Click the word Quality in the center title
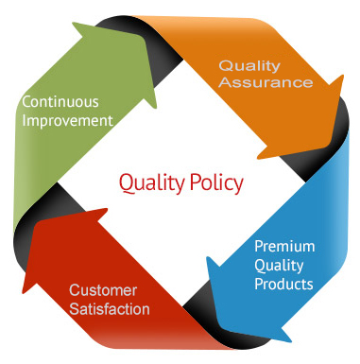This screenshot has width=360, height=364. click(152, 183)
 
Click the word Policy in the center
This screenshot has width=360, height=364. click(216, 183)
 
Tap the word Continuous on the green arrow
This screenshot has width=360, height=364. click(60, 102)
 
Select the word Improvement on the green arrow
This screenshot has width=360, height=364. click(67, 121)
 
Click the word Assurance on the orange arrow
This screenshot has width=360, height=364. click(266, 82)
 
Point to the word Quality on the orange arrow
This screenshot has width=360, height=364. click(249, 66)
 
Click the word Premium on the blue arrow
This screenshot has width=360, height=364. click(284, 247)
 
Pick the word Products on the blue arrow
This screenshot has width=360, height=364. click(283, 284)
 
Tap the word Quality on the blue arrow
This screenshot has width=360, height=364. click(279, 266)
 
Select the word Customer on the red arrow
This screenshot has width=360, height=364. click(103, 290)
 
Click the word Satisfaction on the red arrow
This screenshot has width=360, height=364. click(110, 309)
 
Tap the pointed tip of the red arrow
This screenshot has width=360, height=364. click(24, 292)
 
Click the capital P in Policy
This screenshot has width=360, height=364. click(195, 182)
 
